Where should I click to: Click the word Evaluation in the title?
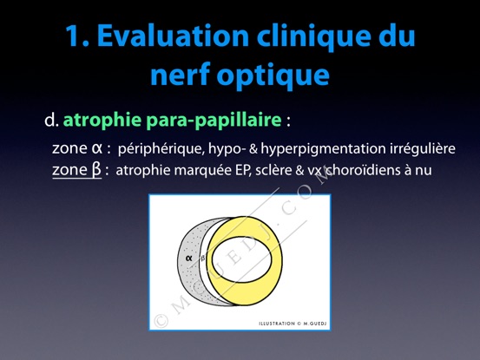tap(173, 36)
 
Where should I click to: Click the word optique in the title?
tap(273, 76)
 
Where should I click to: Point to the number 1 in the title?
tap(74, 36)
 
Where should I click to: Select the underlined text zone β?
tap(76, 170)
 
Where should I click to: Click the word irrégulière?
tap(423, 148)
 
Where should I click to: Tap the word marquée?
tap(202, 171)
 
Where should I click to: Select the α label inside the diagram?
tap(189, 258)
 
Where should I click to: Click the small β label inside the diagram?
tap(202, 258)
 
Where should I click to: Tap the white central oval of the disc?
tap(241, 259)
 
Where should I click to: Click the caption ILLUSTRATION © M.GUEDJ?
tap(293, 324)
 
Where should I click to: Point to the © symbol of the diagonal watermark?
tap(161, 321)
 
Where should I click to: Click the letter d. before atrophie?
tap(51, 120)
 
